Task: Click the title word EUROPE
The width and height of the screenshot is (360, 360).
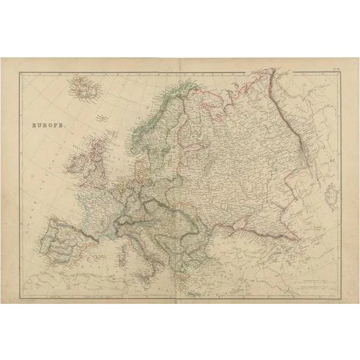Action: [x=47, y=124]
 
